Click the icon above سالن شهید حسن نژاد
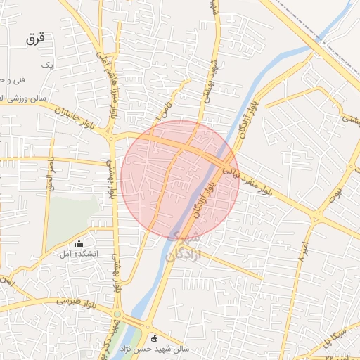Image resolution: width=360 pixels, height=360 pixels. (x=155, y=337)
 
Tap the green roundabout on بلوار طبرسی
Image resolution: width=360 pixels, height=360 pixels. (x=117, y=314)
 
